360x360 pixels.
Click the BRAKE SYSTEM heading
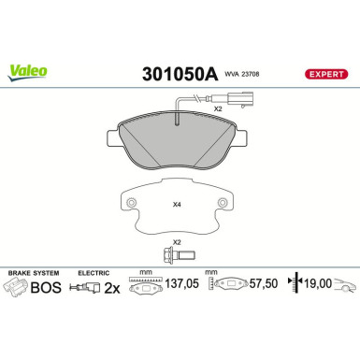32,274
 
